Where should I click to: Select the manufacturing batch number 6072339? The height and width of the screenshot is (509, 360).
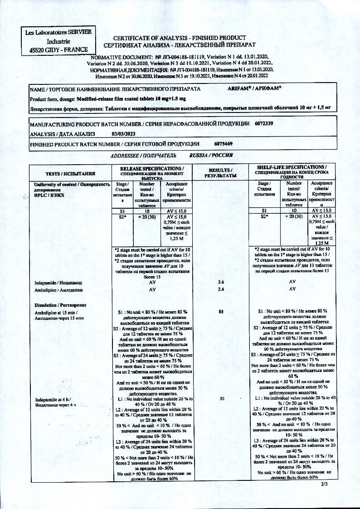(x=264, y=123)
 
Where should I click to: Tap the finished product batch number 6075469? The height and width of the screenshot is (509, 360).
(x=224, y=144)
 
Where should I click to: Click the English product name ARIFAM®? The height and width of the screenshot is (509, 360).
(x=244, y=89)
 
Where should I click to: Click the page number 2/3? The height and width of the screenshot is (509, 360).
(x=324, y=485)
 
